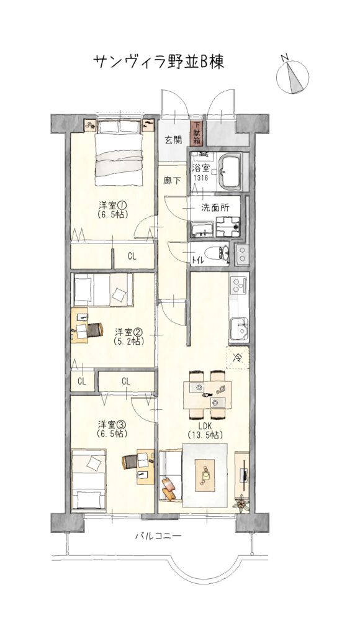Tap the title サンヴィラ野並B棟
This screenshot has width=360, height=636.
[158, 62]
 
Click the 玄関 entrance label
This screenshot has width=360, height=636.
[173, 140]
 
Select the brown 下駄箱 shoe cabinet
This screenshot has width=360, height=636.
[197, 134]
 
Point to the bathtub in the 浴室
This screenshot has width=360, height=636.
[230, 171]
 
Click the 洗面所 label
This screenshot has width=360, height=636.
[215, 207]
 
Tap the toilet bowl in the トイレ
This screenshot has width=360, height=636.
[217, 254]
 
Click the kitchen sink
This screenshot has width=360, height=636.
[238, 329]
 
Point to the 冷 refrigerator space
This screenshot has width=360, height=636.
[238, 358]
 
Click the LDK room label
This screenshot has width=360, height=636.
[205, 426]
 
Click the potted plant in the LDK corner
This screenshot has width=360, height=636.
[241, 503]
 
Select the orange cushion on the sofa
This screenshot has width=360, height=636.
[169, 486]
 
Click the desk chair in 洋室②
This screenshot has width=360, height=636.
[94, 330]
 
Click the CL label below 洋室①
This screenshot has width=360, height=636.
[132, 257]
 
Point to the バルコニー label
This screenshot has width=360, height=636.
[158, 536]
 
